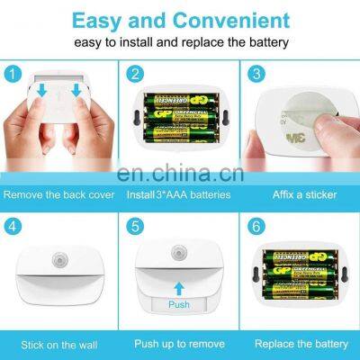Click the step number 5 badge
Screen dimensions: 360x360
point(134,226)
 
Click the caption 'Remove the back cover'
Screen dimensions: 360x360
point(59,193)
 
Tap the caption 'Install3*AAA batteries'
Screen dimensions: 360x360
point(179,193)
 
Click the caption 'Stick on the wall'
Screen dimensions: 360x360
point(59,344)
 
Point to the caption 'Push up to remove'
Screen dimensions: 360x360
point(179,344)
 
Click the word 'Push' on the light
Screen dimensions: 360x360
point(180,305)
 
